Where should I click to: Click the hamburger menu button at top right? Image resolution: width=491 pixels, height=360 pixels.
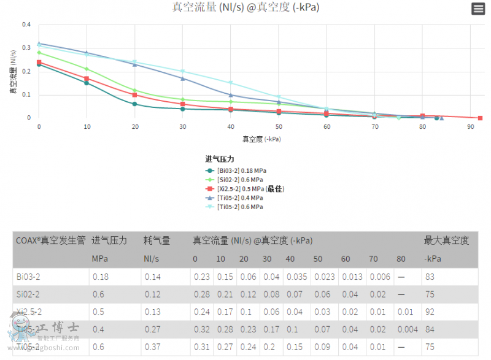pos(478,9)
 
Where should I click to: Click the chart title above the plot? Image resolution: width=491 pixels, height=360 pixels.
pos(245,8)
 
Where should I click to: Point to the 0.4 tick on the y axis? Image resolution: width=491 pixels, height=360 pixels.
pos(26,25)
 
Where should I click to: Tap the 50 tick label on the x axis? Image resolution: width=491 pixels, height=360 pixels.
pos(279,126)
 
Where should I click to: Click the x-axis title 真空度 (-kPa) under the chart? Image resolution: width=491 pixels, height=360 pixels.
pos(261,139)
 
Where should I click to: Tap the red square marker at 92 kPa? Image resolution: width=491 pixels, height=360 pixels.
pos(480,118)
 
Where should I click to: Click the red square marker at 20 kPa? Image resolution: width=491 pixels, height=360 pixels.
pos(134,94)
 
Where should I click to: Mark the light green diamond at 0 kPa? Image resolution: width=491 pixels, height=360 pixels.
pos(39,53)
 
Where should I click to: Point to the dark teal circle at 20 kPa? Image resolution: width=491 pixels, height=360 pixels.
pos(134,104)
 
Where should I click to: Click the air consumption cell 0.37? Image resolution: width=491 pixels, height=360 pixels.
pos(152,347)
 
